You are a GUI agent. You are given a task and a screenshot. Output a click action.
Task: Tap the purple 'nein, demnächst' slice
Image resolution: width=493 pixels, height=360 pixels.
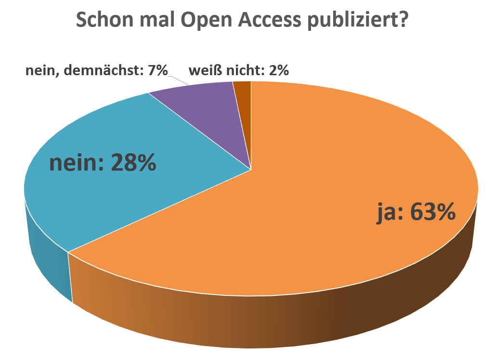pos(207,111)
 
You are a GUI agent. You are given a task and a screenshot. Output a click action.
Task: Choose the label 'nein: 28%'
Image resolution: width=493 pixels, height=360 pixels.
pos(103,163)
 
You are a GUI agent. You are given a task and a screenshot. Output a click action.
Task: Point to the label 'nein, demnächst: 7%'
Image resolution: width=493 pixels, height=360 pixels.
pos(96,71)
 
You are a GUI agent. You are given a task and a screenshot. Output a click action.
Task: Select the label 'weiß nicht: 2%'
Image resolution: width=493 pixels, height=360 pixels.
pos(239,71)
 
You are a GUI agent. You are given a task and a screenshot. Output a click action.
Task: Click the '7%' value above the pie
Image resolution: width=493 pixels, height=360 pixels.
pos(158,71)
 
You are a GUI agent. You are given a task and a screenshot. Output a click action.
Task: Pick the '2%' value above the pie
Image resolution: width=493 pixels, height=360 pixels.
pos(279,71)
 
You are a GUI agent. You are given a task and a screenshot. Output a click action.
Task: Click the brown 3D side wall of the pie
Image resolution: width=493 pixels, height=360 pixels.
pos(289,323)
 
